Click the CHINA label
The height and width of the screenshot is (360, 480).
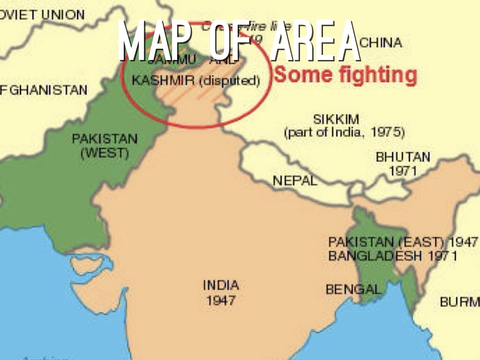coord(381,43)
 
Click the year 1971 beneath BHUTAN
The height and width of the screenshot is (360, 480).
coord(403,171)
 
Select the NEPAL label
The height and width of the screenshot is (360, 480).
coord(295,180)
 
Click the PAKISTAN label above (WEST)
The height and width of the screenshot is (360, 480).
coord(105,139)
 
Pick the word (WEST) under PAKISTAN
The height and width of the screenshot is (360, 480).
coord(105,153)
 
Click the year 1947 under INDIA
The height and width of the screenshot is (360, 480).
coord(221,300)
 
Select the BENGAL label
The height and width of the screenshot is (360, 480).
coord(353,289)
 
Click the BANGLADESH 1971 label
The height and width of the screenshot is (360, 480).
coord(393,256)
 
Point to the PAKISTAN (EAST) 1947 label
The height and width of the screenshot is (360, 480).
coord(403,242)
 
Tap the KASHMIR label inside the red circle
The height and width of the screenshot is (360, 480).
coord(163,81)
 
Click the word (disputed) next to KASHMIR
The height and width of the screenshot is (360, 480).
coord(229,81)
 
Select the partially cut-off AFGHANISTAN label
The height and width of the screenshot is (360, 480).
coord(44,90)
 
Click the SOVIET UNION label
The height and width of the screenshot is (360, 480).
coord(42,15)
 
